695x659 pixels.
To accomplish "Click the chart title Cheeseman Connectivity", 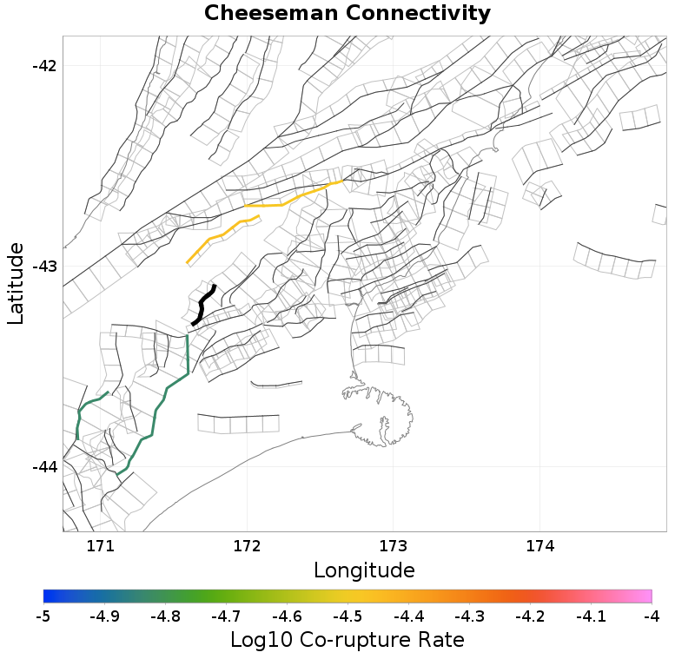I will (x=347, y=14).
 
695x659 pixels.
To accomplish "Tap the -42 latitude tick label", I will (x=43, y=66).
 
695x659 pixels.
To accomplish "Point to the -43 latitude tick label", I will (x=43, y=267).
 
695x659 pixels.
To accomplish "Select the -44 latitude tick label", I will (x=43, y=467).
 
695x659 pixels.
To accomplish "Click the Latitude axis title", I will (x=16, y=284).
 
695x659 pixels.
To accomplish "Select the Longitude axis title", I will (x=364, y=570).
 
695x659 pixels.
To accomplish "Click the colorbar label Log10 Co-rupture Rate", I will (x=347, y=641).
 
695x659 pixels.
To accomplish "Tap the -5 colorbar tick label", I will (x=43, y=616).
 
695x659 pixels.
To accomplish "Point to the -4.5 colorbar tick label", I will (x=347, y=616).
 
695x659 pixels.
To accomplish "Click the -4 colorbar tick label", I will (x=652, y=616).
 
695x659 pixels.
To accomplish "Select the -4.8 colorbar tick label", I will (x=165, y=616).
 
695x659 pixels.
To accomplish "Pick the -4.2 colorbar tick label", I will (x=530, y=616).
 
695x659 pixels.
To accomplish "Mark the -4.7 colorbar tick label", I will (x=226, y=616).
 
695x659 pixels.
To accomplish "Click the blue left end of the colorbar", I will (x=47, y=596).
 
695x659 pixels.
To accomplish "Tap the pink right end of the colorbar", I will (x=648, y=596).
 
